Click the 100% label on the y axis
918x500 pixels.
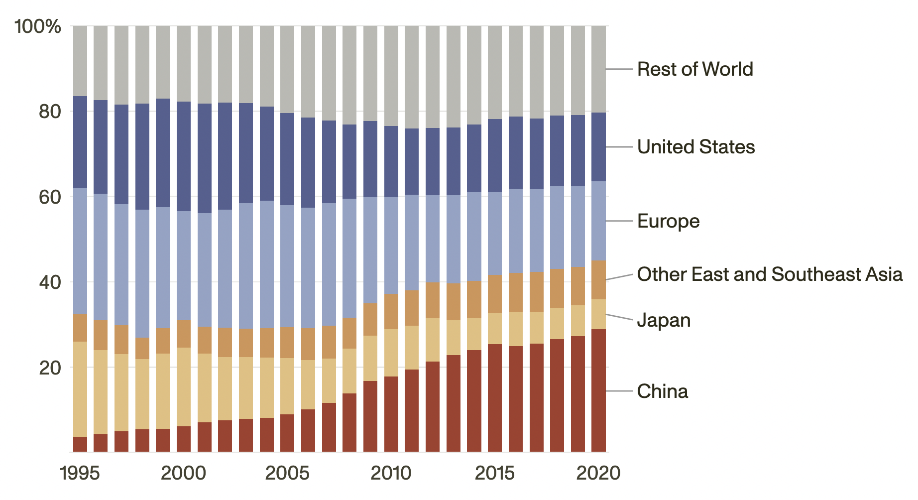point(38,26)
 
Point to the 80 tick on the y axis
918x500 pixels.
point(50,112)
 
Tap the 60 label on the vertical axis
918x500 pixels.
point(50,197)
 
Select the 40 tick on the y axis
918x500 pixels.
point(50,282)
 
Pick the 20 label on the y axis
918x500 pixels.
point(50,368)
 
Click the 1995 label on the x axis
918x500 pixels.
point(80,473)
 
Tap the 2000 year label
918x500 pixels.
point(183,473)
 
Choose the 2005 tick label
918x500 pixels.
point(287,473)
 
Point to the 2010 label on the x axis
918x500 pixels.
point(391,473)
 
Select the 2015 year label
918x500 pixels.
point(495,473)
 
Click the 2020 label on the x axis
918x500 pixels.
point(598,473)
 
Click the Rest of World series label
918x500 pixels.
point(695,69)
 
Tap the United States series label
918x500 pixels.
point(696,147)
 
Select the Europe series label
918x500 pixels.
point(669,221)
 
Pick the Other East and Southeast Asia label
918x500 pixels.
point(770,274)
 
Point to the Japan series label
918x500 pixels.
point(664,320)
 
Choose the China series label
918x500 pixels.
point(663,391)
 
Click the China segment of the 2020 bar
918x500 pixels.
point(598,391)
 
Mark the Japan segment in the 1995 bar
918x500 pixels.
point(80,389)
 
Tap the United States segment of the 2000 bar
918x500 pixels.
point(184,156)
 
